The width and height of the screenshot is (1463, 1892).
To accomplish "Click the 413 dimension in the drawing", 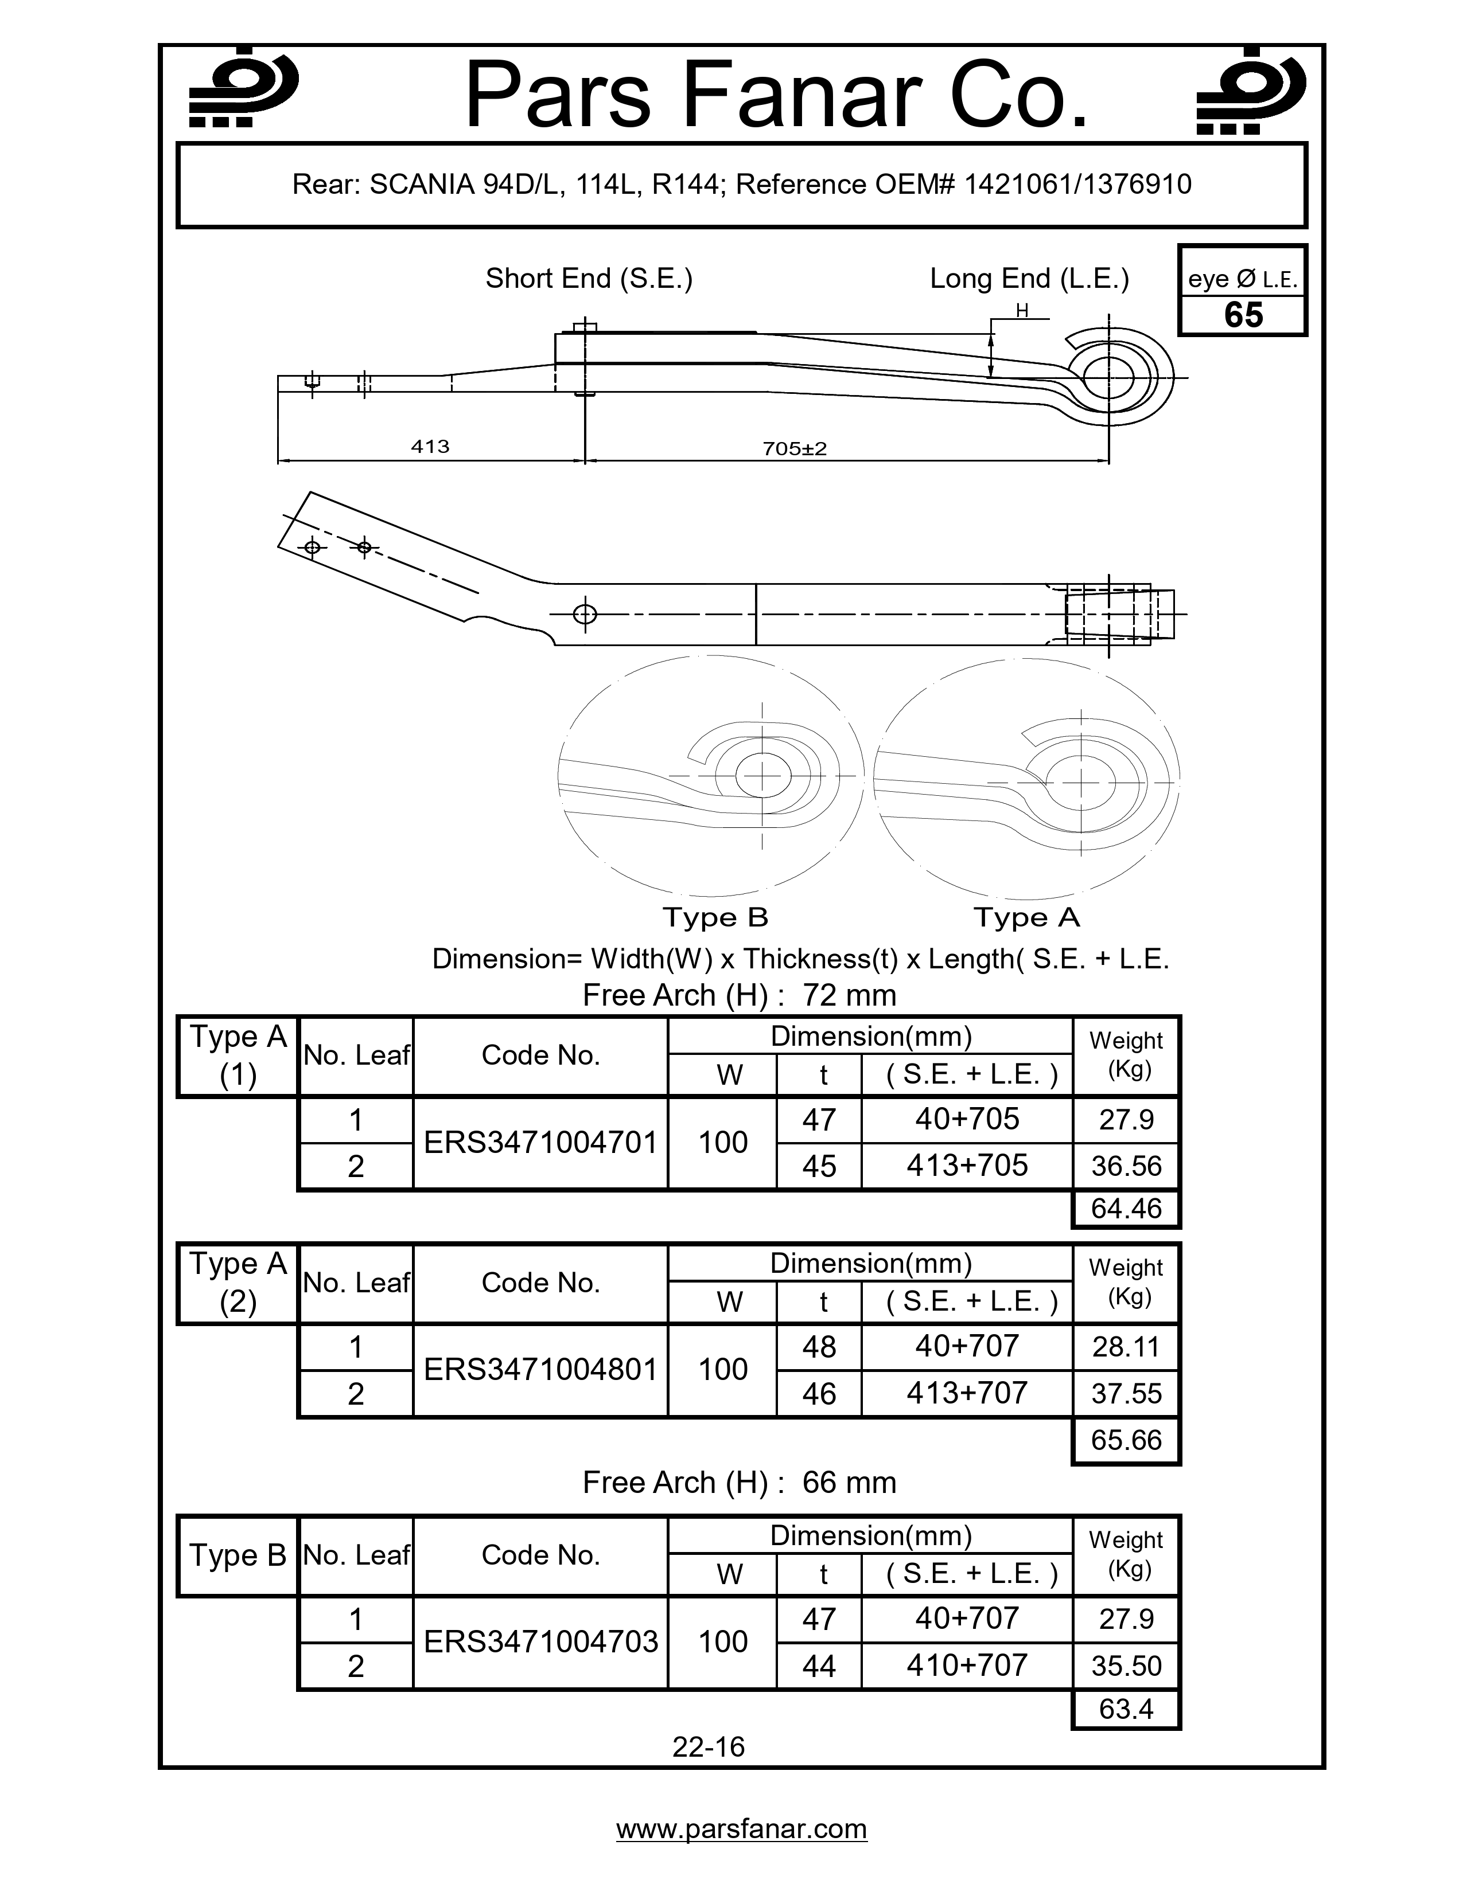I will pyautogui.click(x=430, y=446).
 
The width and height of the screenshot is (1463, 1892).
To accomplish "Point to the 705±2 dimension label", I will pyautogui.click(x=795, y=448).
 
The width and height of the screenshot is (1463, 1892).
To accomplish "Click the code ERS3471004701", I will pyautogui.click(x=541, y=1143).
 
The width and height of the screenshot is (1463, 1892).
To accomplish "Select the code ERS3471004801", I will pyautogui.click(x=541, y=1370).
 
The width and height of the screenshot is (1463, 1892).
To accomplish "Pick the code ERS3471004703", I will pyautogui.click(x=541, y=1641).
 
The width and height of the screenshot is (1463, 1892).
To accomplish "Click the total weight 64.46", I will pyautogui.click(x=1126, y=1209).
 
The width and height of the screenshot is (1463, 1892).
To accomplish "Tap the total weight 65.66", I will pyautogui.click(x=1126, y=1440).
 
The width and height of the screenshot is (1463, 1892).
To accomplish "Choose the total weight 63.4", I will pyautogui.click(x=1126, y=1709).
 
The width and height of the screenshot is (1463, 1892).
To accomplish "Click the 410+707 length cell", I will pyautogui.click(x=966, y=1665).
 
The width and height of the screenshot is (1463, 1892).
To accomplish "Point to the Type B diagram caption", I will pyautogui.click(x=715, y=917).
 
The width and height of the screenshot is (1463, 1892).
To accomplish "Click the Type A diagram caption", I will pyautogui.click(x=1026, y=917).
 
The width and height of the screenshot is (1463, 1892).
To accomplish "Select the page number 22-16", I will pyautogui.click(x=708, y=1746).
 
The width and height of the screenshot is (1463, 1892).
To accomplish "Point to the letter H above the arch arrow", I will pyautogui.click(x=1022, y=310).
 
